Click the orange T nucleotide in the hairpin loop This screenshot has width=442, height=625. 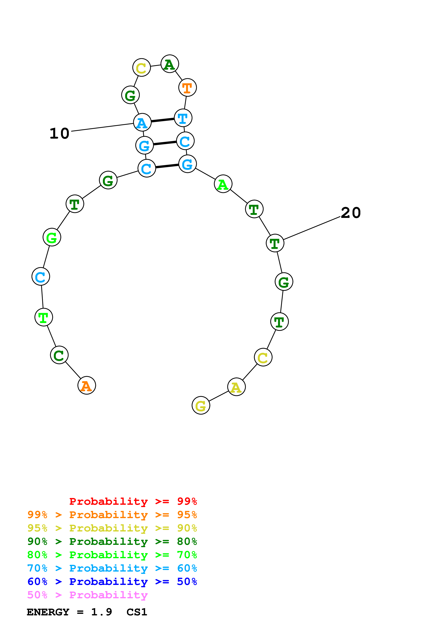tap(187, 88)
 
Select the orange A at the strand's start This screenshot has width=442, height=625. tap(87, 385)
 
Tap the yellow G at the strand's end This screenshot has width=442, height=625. tap(201, 405)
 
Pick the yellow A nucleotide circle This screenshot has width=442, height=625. tap(236, 387)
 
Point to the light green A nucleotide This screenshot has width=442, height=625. tap(223, 184)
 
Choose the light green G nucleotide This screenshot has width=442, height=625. tap(52, 237)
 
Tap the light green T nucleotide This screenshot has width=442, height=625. tap(44, 317)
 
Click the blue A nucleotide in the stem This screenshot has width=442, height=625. tap(142, 123)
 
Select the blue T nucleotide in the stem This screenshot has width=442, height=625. tap(183, 118)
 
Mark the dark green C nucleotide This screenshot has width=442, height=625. tap(59, 355)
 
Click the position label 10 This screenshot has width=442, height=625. tap(59, 134)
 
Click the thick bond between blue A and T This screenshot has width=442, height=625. tap(163, 120)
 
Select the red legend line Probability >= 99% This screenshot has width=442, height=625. tap(133, 501)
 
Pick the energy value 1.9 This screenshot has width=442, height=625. tap(101, 612)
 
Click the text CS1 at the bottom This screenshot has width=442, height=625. tap(137, 612)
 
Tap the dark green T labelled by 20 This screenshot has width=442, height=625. tap(275, 243)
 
